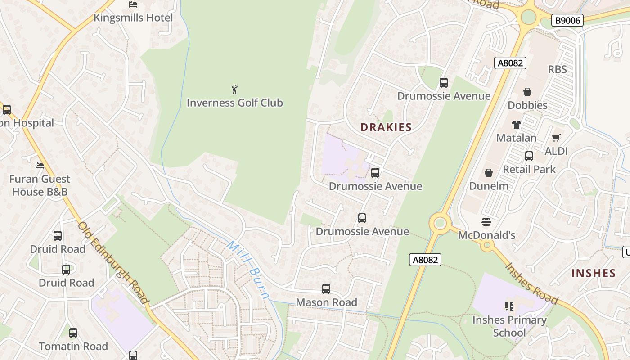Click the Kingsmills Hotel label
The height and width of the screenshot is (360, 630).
133,18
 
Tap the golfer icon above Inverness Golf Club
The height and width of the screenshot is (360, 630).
234,90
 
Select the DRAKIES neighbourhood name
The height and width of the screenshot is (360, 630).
386,127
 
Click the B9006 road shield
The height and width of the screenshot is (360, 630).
567,20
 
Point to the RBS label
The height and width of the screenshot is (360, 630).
557,70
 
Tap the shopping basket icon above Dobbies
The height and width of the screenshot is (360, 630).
527,92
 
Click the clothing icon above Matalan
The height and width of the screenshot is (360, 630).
516,125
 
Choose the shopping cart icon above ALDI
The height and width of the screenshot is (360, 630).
556,138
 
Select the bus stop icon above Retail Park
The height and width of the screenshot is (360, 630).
529,156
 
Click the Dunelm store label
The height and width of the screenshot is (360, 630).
489,186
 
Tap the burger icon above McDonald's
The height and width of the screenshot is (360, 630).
486,221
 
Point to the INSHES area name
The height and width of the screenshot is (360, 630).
594,273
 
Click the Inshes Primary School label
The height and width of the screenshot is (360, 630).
509,326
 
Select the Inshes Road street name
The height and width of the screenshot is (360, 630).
531,283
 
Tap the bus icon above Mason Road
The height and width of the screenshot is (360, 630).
326,289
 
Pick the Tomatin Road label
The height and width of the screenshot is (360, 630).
73,346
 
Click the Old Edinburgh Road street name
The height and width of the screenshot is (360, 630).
113,262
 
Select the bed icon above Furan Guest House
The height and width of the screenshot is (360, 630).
40,166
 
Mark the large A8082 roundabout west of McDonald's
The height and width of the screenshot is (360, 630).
440,223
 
